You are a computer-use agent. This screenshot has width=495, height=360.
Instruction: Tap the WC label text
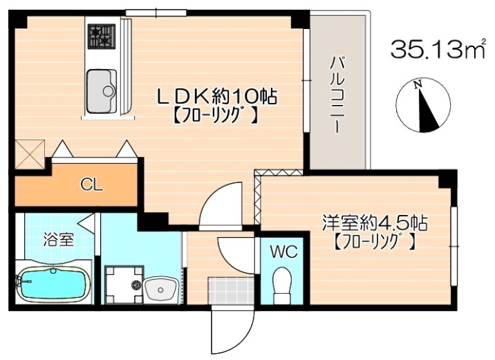pyautogui.click(x=283, y=252)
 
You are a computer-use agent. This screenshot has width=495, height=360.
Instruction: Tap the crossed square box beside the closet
pyautogui.click(x=30, y=154)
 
